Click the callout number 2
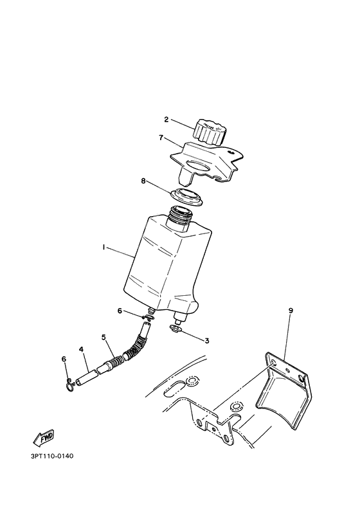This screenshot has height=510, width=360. [166, 120]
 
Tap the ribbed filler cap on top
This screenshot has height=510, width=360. [208, 132]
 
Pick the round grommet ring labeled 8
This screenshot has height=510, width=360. [187, 197]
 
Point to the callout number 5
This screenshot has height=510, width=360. [103, 337]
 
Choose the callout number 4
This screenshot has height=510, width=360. [82, 350]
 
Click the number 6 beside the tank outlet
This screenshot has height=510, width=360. [119, 311]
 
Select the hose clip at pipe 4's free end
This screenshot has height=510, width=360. [71, 384]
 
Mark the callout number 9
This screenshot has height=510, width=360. [291, 311]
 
